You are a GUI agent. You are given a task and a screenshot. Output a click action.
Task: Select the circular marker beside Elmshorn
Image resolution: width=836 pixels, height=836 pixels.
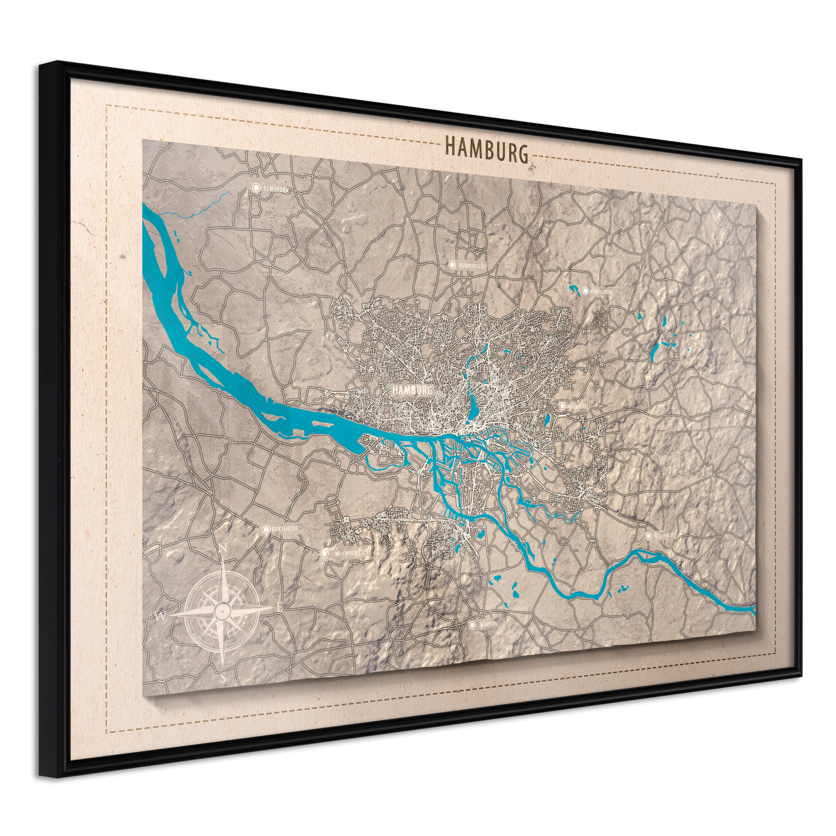click(x=256, y=187)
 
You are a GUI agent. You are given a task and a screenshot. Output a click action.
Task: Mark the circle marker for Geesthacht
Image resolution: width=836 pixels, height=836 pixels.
click(x=649, y=535)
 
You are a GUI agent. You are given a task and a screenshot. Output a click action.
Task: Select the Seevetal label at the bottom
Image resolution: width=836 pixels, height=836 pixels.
click(x=488, y=624)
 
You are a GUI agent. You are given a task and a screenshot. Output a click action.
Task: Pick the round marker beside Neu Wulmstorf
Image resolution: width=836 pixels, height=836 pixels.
click(x=324, y=553)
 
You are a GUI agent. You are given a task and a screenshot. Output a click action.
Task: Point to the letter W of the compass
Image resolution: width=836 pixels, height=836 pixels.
click(x=161, y=616)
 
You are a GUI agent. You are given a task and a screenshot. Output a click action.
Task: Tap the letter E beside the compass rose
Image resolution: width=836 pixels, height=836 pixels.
click(x=280, y=608)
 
